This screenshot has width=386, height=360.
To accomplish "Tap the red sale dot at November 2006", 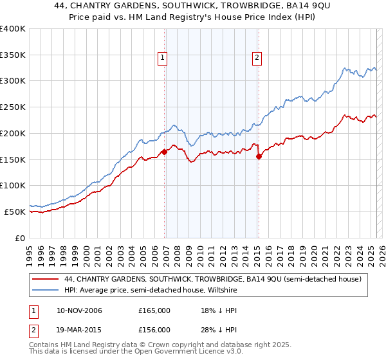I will [165, 152].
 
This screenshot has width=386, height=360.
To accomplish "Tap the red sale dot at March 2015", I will [259, 156].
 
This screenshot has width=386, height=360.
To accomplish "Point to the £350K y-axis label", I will [13, 55].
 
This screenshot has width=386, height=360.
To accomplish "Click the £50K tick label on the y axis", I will [15, 212].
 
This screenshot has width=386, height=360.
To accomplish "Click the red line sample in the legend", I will [46, 279].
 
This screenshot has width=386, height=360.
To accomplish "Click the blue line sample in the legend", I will [46, 290].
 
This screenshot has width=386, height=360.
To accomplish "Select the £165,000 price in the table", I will [154, 311].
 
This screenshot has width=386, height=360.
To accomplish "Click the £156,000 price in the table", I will [154, 330].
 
